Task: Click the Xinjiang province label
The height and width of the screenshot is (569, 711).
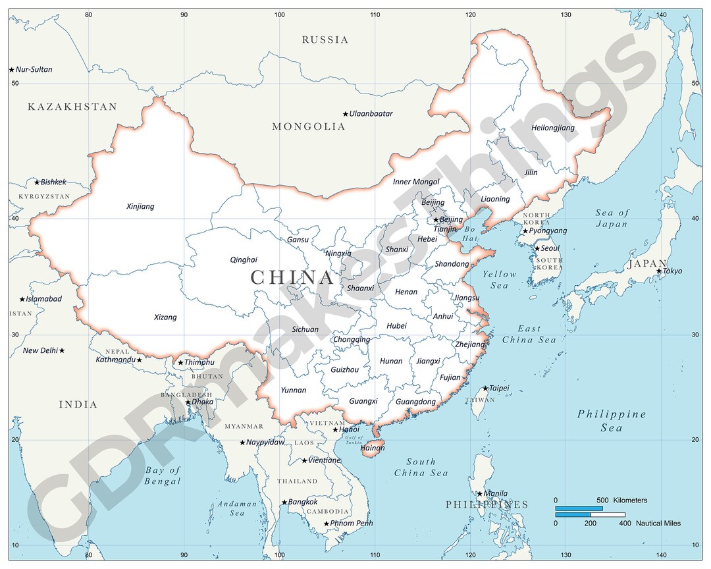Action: point(140,206)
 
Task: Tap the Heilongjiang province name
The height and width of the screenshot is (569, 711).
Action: point(552,128)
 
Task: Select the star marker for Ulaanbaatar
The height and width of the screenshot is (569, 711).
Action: point(345,114)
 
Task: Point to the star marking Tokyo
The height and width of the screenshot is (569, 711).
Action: point(659,271)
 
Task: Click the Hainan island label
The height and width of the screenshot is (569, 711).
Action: point(373,448)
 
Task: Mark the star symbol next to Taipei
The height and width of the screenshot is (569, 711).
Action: point(486,389)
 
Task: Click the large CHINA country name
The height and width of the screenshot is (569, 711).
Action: point(292,277)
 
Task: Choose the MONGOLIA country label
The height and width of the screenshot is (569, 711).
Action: point(309,126)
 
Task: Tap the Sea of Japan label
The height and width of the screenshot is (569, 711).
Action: point(612,218)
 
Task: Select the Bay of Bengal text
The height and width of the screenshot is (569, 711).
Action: point(163,475)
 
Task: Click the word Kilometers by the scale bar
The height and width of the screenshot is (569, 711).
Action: point(630,501)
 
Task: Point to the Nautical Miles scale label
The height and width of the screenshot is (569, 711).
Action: point(658,524)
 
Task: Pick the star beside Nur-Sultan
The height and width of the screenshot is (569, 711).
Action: point(11,70)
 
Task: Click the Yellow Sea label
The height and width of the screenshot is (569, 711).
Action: point(500,279)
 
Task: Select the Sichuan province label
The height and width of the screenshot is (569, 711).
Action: point(305,329)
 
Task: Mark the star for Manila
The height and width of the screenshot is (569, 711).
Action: point(480,493)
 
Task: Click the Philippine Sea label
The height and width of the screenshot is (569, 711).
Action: point(612,421)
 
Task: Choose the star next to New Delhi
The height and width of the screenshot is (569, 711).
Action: point(62,351)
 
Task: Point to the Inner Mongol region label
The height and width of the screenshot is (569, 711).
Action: point(416,182)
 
